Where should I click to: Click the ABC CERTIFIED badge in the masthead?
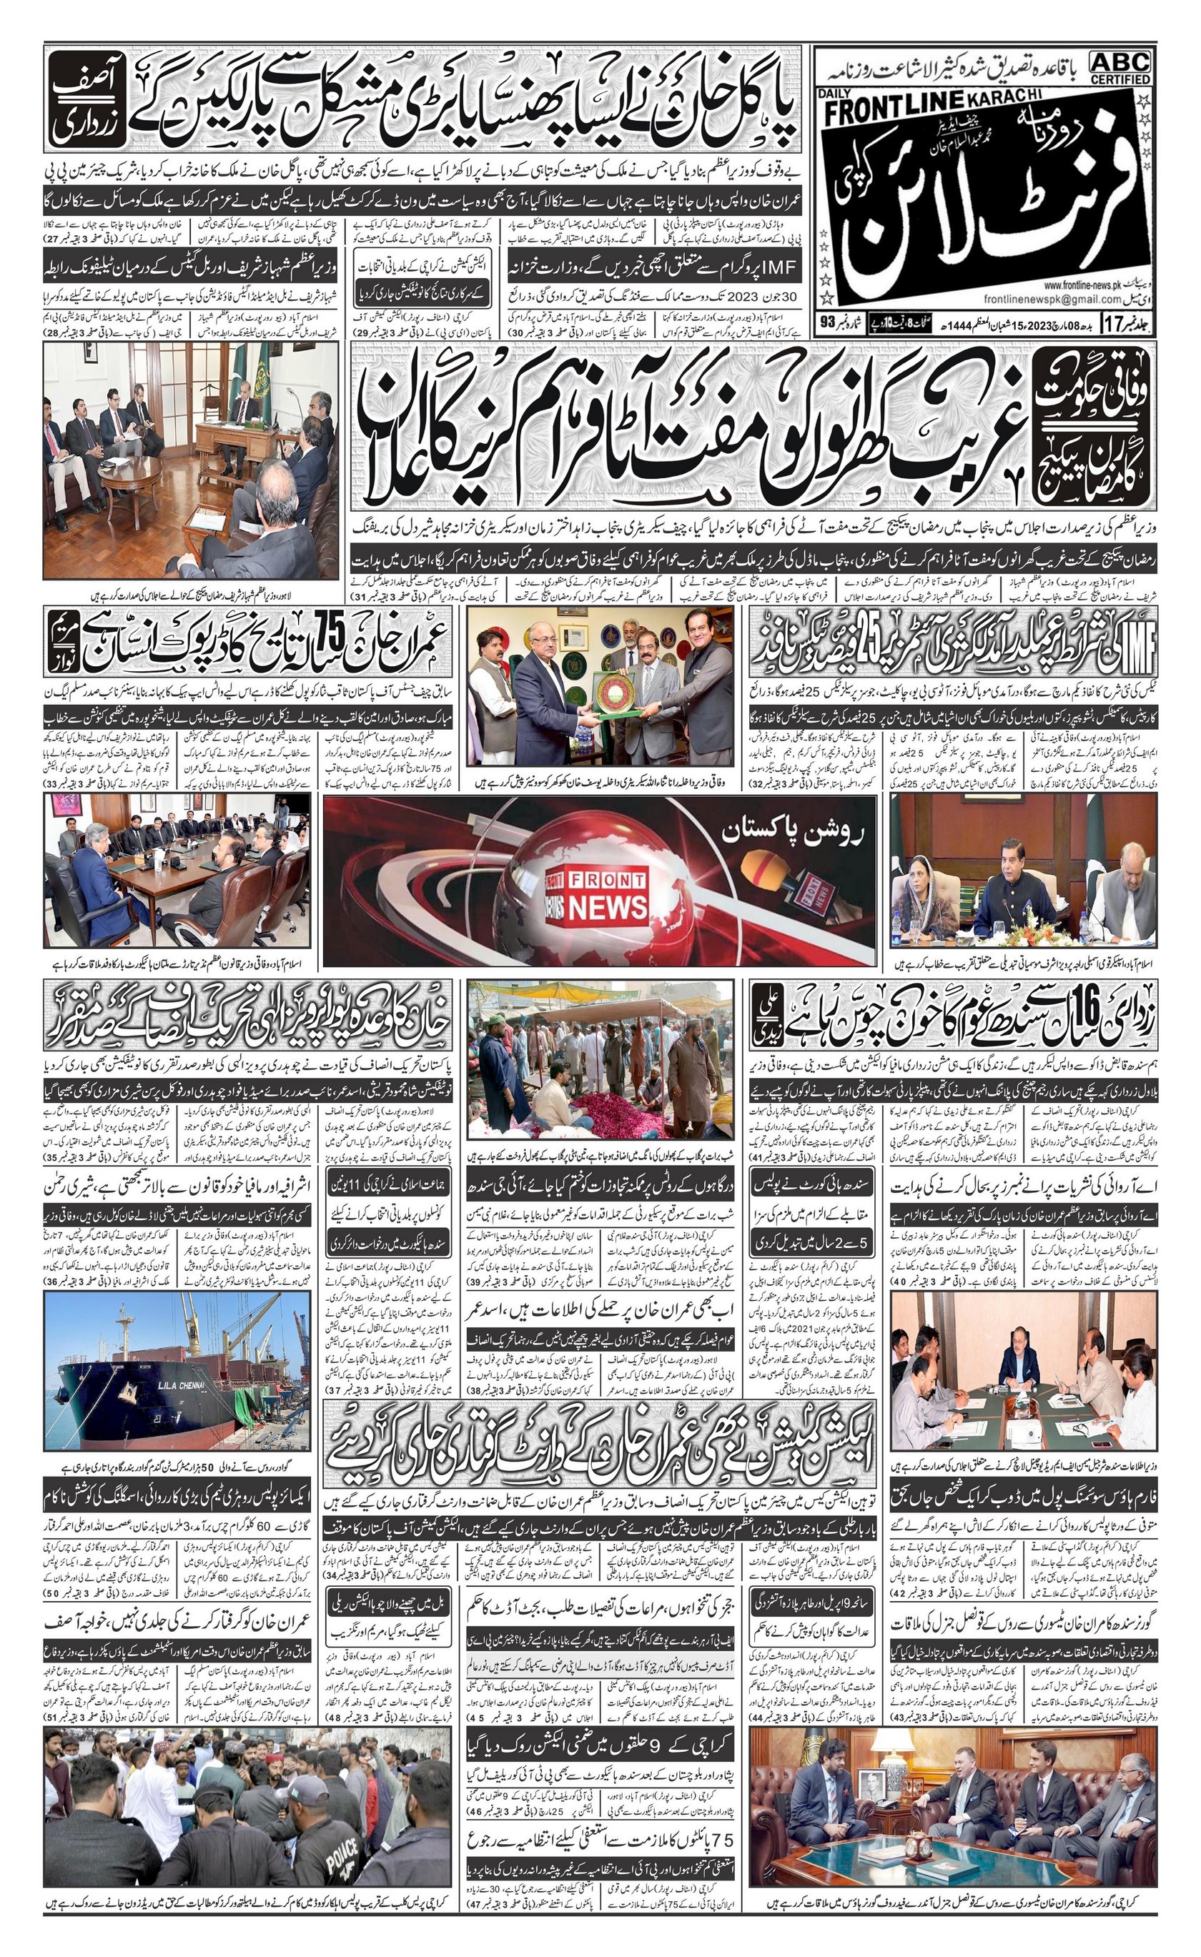coord(1120,67)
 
